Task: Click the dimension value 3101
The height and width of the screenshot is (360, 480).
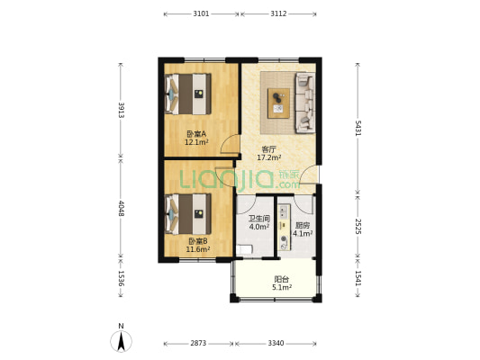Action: (x=201, y=13)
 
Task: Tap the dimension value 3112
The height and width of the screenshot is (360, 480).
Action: (x=278, y=13)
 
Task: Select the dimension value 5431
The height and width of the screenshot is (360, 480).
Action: (x=358, y=128)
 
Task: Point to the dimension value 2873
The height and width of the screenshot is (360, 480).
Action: (x=198, y=343)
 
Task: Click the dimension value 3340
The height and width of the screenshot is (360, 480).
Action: (x=276, y=343)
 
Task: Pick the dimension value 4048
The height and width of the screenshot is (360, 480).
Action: (x=122, y=208)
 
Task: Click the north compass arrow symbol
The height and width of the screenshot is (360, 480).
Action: (x=122, y=341)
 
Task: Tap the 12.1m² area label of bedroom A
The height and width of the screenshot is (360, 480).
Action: (x=196, y=142)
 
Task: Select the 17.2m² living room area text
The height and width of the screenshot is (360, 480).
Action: (x=269, y=157)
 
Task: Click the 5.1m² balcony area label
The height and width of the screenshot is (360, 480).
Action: (x=282, y=287)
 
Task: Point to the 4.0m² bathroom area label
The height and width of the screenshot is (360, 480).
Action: (x=259, y=227)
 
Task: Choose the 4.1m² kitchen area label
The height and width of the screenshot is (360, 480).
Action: (x=303, y=234)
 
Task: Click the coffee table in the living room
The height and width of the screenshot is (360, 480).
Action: (x=278, y=103)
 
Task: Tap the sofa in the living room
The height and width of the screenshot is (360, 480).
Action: (x=305, y=103)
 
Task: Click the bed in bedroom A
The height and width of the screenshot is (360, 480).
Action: (x=188, y=94)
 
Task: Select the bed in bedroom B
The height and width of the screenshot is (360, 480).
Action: (x=188, y=214)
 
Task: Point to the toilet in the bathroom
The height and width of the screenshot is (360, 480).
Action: (x=244, y=249)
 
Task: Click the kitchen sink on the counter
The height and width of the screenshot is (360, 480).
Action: (x=284, y=211)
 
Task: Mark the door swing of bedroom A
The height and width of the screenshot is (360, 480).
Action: (x=230, y=144)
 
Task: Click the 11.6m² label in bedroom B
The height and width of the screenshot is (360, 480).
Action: (x=198, y=249)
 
